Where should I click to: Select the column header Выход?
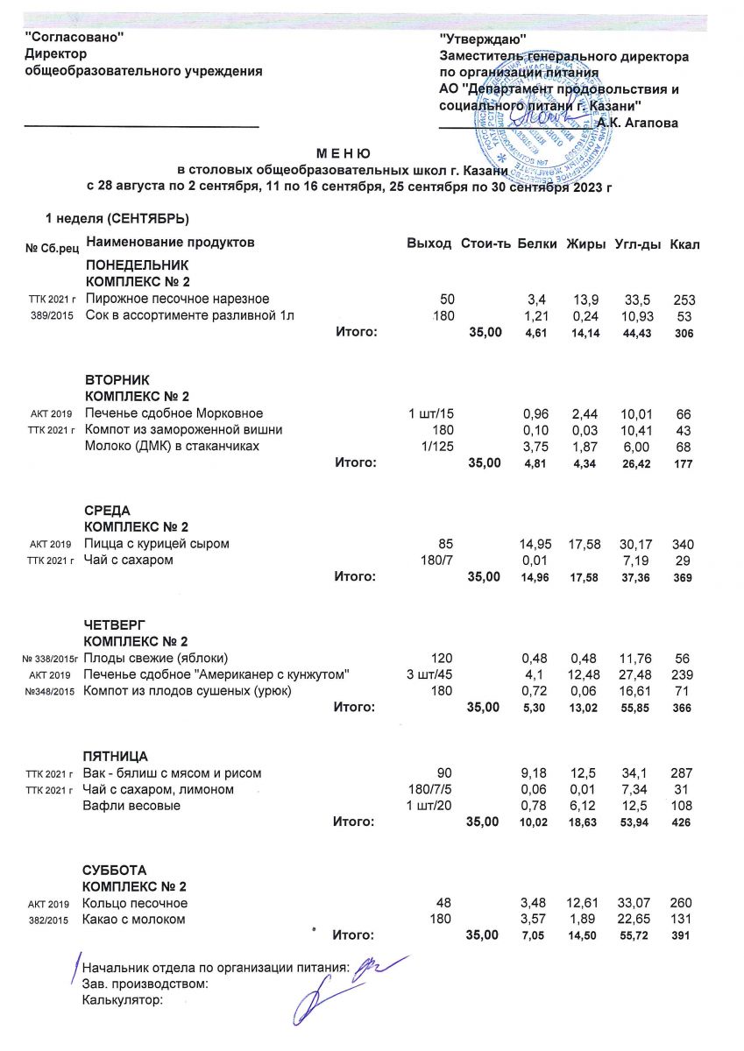[429, 242]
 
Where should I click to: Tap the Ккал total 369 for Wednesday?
[682, 577]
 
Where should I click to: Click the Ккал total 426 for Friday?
[682, 822]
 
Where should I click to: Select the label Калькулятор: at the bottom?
[123, 999]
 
